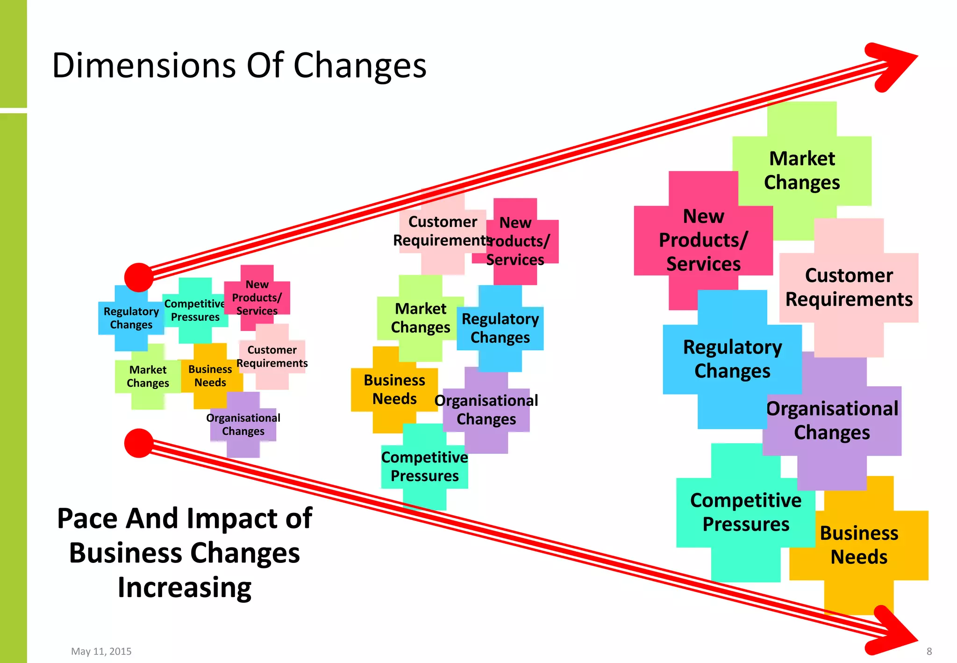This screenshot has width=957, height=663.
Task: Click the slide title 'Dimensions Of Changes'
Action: coord(239,65)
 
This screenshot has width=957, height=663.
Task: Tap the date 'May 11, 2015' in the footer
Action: coord(101,651)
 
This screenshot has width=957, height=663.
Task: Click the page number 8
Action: coord(929,651)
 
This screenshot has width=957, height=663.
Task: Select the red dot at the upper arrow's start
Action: coord(139,277)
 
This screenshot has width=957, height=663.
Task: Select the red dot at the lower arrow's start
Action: coord(139,443)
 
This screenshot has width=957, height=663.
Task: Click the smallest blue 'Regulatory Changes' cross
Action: coord(131,318)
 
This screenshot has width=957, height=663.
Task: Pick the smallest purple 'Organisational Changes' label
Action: coord(243,425)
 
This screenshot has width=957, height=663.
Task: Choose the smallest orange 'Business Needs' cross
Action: coord(210,376)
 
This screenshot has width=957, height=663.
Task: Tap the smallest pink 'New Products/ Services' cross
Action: coord(257,297)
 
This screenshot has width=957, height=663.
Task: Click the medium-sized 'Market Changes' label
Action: coord(421,318)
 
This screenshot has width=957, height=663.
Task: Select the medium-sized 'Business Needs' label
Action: coord(394,389)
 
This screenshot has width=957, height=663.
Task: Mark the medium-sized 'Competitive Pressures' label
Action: coord(424,466)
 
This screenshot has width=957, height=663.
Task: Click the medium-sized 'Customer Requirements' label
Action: coord(442,231)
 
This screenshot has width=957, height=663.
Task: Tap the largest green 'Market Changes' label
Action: coord(802,171)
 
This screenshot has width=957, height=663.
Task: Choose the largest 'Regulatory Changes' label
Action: coord(732,359)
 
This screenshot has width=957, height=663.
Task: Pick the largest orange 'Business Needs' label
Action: coord(859,545)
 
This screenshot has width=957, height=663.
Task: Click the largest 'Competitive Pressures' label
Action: coord(746,512)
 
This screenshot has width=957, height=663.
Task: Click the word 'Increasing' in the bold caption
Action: coord(185,588)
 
